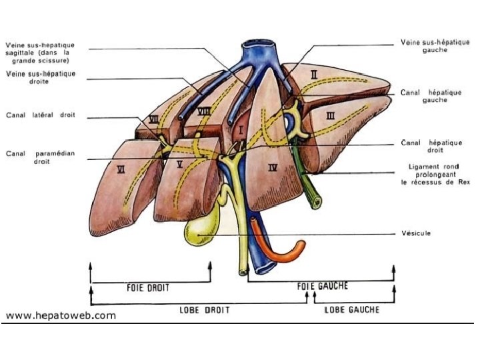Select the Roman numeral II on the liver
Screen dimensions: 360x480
[313, 75]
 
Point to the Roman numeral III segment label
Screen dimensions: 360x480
[329, 115]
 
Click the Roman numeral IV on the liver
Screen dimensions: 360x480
[273, 167]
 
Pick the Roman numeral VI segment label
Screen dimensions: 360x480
[121, 169]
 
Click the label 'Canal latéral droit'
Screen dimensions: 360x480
[41, 115]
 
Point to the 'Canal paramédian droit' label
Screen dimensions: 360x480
[41, 157]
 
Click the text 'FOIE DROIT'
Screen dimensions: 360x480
[148, 288]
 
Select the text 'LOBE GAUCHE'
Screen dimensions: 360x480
[351, 309]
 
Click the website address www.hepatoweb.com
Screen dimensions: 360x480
[61, 315]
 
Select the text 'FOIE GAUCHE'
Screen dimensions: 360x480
[322, 286]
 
